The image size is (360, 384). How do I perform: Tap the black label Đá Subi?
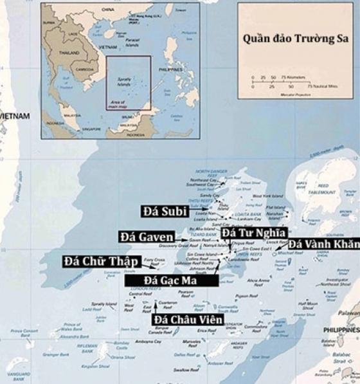(165, 211)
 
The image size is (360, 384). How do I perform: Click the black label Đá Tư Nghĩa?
(252, 232)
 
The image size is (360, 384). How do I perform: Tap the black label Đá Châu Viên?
(188, 320)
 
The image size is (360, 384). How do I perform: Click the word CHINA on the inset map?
(107, 10)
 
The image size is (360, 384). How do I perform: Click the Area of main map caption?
(120, 104)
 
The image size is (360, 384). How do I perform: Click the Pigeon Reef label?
(246, 297)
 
